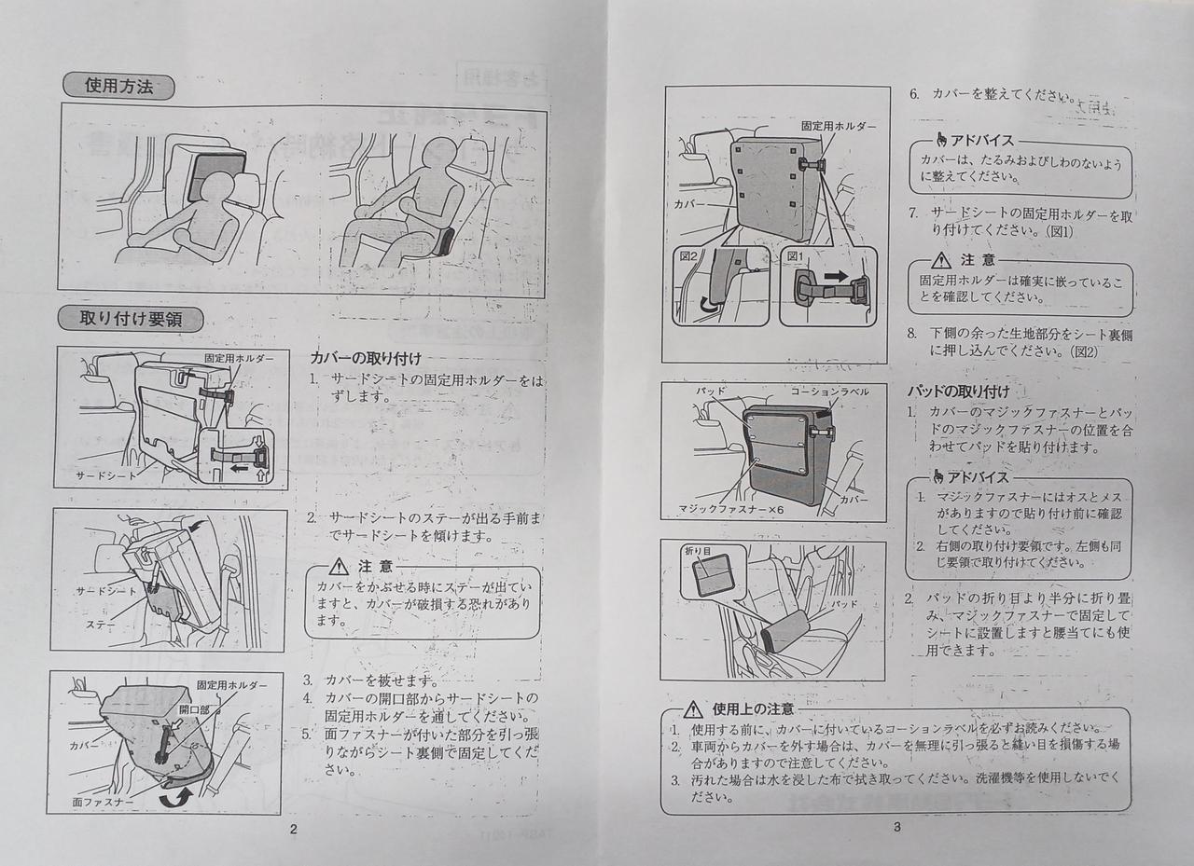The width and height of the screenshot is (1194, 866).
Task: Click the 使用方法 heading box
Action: [x=118, y=87]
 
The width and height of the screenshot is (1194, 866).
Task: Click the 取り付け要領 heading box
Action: [x=130, y=319]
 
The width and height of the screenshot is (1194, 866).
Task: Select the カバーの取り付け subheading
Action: [x=365, y=358]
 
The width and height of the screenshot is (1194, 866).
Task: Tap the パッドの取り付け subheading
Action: [x=958, y=392]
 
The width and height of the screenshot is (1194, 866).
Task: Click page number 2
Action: [x=293, y=829]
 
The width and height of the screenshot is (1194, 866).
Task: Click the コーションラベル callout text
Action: [x=829, y=392]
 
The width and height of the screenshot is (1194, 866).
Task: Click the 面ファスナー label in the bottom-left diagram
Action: [x=103, y=801]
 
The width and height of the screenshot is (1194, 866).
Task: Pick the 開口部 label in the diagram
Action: [x=194, y=710]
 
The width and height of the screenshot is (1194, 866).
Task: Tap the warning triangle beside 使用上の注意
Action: [x=692, y=710]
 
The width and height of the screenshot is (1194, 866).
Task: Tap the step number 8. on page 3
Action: [x=913, y=333]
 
